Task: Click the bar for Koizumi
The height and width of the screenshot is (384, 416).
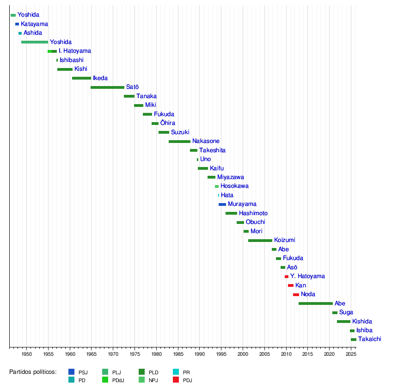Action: pos(260,241)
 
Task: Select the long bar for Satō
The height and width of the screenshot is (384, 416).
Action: pos(107,87)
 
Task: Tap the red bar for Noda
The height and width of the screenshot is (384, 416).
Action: pos(296,295)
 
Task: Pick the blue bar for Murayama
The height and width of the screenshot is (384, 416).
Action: pos(222,204)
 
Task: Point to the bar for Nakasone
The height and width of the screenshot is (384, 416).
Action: pos(179,142)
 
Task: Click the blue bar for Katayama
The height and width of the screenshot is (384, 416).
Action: pos(17,24)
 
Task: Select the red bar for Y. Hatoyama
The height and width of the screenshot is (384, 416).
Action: pos(287,277)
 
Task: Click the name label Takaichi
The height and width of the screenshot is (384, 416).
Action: pos(369,339)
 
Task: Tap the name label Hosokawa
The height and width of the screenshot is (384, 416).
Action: pos(234,186)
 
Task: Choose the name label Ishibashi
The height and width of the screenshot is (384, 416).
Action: pos(72,60)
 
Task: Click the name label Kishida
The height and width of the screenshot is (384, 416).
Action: pos(362,322)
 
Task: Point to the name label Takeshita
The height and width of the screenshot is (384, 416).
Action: pos(212,150)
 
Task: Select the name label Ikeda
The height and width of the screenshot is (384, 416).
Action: pos(100,78)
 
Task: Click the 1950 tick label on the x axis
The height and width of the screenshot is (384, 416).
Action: pos(26,354)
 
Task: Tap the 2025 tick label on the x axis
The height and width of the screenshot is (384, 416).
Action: pos(351,354)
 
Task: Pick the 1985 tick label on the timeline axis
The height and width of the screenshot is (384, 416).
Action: pos(178,354)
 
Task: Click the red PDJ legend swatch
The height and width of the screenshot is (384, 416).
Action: pos(176,380)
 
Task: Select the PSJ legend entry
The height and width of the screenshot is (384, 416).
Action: pos(78,372)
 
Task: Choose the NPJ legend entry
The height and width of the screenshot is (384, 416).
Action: pos(147,380)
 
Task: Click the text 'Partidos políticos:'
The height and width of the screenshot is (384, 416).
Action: pos(33,372)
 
